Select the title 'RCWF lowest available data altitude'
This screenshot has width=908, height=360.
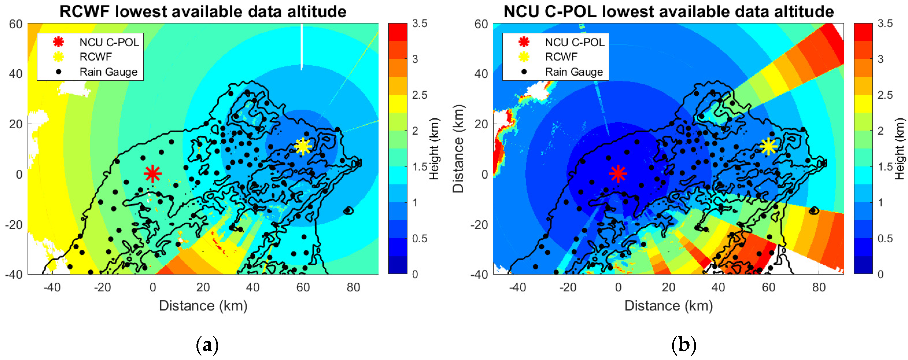(203, 11)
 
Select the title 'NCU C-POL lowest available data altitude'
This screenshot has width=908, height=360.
(668, 11)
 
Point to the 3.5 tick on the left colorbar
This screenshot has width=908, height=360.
(419, 24)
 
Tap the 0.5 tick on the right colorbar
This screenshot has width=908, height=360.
(885, 239)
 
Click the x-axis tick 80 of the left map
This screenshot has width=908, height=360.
(353, 287)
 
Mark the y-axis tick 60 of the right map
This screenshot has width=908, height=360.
(481, 24)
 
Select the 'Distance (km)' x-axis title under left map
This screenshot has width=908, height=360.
(203, 306)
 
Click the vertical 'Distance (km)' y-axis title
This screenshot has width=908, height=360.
(458, 149)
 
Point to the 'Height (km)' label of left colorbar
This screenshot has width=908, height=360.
(434, 149)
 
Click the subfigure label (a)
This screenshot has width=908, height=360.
(207, 345)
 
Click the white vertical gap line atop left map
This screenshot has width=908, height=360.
(301, 46)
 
